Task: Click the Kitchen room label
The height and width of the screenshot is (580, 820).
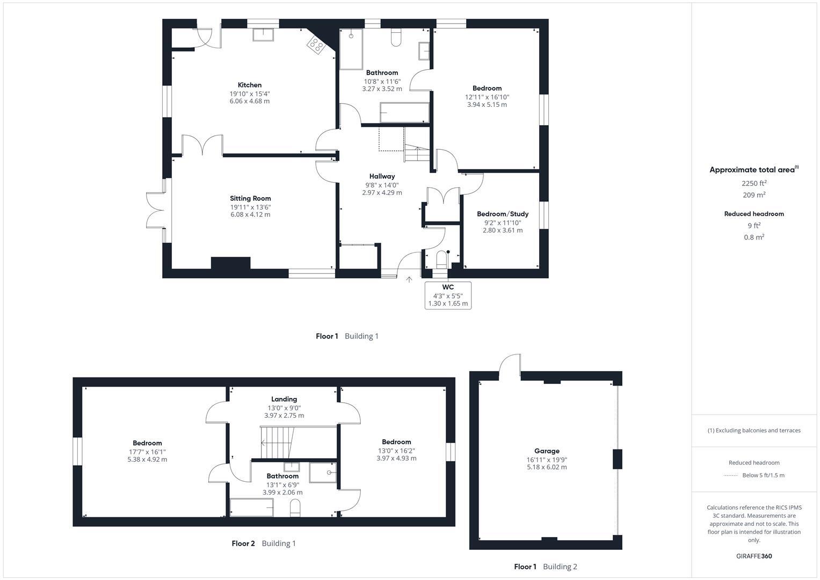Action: pyautogui.click(x=250, y=85)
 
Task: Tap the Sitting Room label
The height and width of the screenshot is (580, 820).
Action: pyautogui.click(x=250, y=198)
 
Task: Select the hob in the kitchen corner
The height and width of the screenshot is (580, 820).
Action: pyautogui.click(x=316, y=45)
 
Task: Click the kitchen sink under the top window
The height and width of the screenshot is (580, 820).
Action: pyautogui.click(x=263, y=34)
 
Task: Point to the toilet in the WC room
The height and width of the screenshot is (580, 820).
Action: pyautogui.click(x=442, y=259)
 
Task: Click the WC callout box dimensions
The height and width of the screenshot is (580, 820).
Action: pyautogui.click(x=448, y=300)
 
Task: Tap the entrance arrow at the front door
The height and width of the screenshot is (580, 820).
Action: pyautogui.click(x=409, y=280)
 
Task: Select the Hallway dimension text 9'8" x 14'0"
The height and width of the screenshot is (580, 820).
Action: pyautogui.click(x=382, y=185)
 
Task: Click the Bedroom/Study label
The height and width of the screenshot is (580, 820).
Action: pyautogui.click(x=503, y=214)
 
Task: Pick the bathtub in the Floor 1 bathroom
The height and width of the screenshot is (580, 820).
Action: pyautogui.click(x=404, y=113)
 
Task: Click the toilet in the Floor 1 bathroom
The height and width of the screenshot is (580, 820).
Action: pyautogui.click(x=396, y=38)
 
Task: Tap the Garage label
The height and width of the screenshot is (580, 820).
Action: pyautogui.click(x=547, y=451)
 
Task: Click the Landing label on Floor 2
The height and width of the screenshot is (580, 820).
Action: pyautogui.click(x=284, y=399)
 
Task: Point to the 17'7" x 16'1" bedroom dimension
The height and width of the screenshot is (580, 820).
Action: pyautogui.click(x=147, y=452)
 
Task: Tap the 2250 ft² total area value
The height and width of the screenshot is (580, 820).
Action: pyautogui.click(x=753, y=183)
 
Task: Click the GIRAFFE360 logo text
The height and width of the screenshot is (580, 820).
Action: pyautogui.click(x=753, y=556)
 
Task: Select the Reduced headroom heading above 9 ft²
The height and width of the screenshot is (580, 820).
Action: pyautogui.click(x=753, y=214)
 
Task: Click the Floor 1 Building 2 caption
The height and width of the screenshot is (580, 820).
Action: pyautogui.click(x=545, y=567)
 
